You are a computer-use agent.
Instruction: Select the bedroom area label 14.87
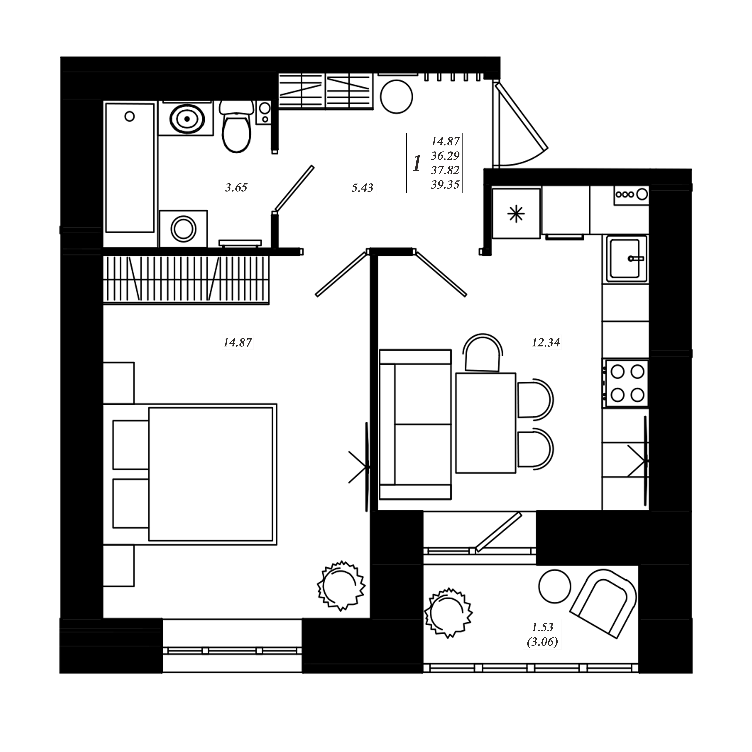tap(237, 343)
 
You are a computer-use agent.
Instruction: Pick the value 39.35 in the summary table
tap(445, 184)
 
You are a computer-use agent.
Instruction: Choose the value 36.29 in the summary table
tap(445, 156)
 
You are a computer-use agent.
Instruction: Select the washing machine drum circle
tap(183, 229)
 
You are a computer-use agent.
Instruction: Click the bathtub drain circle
tap(130, 116)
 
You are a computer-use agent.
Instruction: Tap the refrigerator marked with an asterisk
tap(516, 213)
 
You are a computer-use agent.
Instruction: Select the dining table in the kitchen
tap(486, 423)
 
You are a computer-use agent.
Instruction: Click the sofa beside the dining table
tap(415, 424)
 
